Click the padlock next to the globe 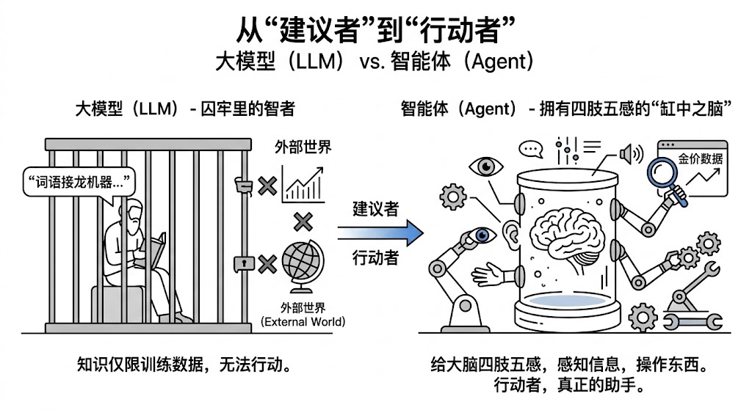pyautogui.click(x=241, y=262)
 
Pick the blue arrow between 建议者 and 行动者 pyautogui.click(x=380, y=233)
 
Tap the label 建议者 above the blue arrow pyautogui.click(x=375, y=208)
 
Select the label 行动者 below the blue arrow pyautogui.click(x=375, y=258)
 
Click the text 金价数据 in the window pyautogui.click(x=700, y=158)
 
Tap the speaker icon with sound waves pyautogui.click(x=630, y=154)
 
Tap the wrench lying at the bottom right pyautogui.click(x=690, y=321)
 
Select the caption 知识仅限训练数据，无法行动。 pyautogui.click(x=187, y=365)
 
